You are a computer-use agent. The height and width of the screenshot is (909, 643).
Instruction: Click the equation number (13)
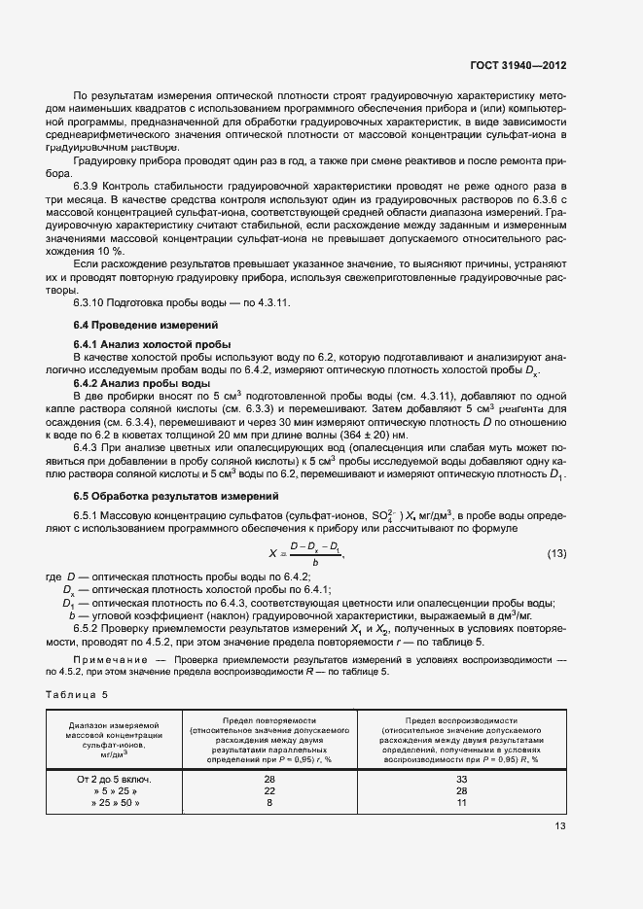point(555,553)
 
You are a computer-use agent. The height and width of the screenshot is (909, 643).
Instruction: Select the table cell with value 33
point(461,779)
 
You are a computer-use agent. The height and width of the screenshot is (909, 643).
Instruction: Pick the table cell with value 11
point(461,804)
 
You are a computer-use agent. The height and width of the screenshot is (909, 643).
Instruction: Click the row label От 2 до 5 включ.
point(114,779)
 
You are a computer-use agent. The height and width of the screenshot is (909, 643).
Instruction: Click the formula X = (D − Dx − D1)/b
point(305,553)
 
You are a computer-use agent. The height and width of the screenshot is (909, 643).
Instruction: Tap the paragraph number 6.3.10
point(92,302)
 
